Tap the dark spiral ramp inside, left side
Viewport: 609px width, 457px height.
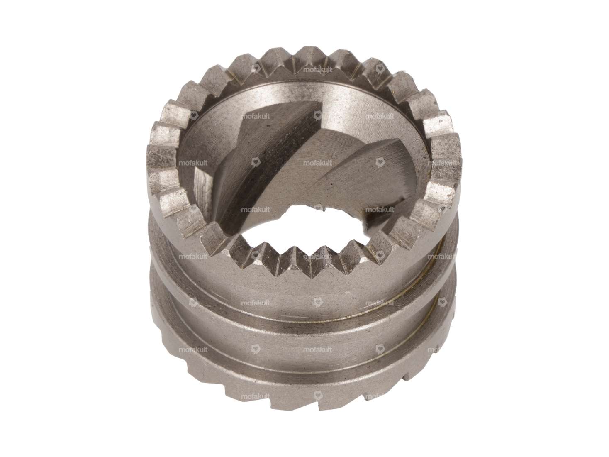coord(253,166)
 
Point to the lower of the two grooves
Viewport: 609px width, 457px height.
coord(299,353)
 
